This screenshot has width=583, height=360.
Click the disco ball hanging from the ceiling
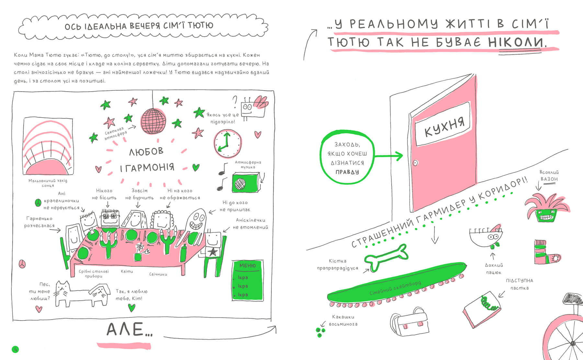pos(154,121)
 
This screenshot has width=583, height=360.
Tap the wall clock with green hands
pos(227,143)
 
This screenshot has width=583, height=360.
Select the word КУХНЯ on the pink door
pos(444,127)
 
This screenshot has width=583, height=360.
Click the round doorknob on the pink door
pos(415,163)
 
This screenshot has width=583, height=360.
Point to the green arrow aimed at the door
pos(389,156)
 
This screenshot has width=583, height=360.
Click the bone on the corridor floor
pos(385,257)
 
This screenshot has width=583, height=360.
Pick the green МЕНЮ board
pos(248,280)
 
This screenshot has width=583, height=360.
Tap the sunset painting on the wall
pos(48,146)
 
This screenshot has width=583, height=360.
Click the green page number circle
pos(15,349)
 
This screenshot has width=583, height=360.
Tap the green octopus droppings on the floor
pos(320,332)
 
